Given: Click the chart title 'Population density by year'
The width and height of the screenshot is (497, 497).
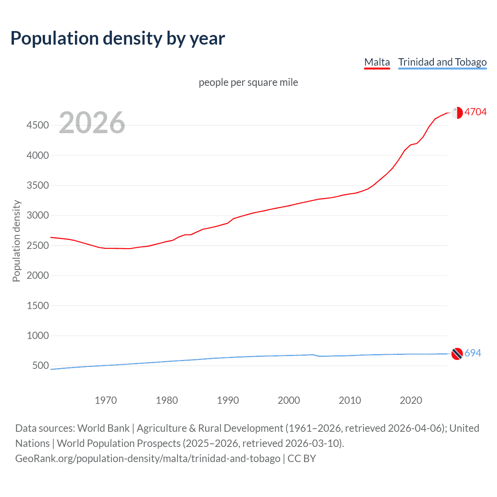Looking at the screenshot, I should [118, 38].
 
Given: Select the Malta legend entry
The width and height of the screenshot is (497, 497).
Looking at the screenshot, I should [377, 62].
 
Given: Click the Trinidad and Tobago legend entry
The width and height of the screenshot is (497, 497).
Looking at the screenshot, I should [442, 62].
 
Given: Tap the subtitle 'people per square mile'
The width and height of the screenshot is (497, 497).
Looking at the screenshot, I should [248, 82].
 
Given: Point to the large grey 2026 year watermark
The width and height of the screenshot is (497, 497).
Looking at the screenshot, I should [92, 123].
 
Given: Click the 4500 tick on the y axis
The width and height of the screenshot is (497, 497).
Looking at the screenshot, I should [38, 125].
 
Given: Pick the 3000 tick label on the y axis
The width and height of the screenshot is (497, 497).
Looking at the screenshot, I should [38, 215].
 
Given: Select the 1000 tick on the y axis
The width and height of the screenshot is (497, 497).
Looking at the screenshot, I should [38, 335].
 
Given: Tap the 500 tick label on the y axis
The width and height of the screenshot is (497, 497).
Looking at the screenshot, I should [40, 365].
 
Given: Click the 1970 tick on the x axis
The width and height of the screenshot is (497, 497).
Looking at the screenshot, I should [106, 400].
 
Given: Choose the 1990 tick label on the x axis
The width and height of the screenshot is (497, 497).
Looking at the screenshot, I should [228, 400].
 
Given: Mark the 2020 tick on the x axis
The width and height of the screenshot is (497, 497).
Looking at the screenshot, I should [411, 400].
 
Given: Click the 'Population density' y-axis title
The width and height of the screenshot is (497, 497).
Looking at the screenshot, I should [16, 241].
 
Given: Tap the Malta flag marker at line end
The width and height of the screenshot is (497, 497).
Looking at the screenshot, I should [457, 113].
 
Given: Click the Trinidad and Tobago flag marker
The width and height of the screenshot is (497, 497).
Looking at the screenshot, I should [457, 354].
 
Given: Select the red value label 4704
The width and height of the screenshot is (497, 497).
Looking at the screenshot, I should [475, 112].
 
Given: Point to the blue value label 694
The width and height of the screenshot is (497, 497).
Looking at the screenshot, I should [473, 353].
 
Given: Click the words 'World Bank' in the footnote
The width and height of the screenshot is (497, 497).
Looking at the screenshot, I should [103, 428].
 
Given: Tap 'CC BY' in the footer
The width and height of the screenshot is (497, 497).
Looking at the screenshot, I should [302, 459].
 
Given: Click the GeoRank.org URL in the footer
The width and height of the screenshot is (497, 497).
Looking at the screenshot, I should [148, 459].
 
